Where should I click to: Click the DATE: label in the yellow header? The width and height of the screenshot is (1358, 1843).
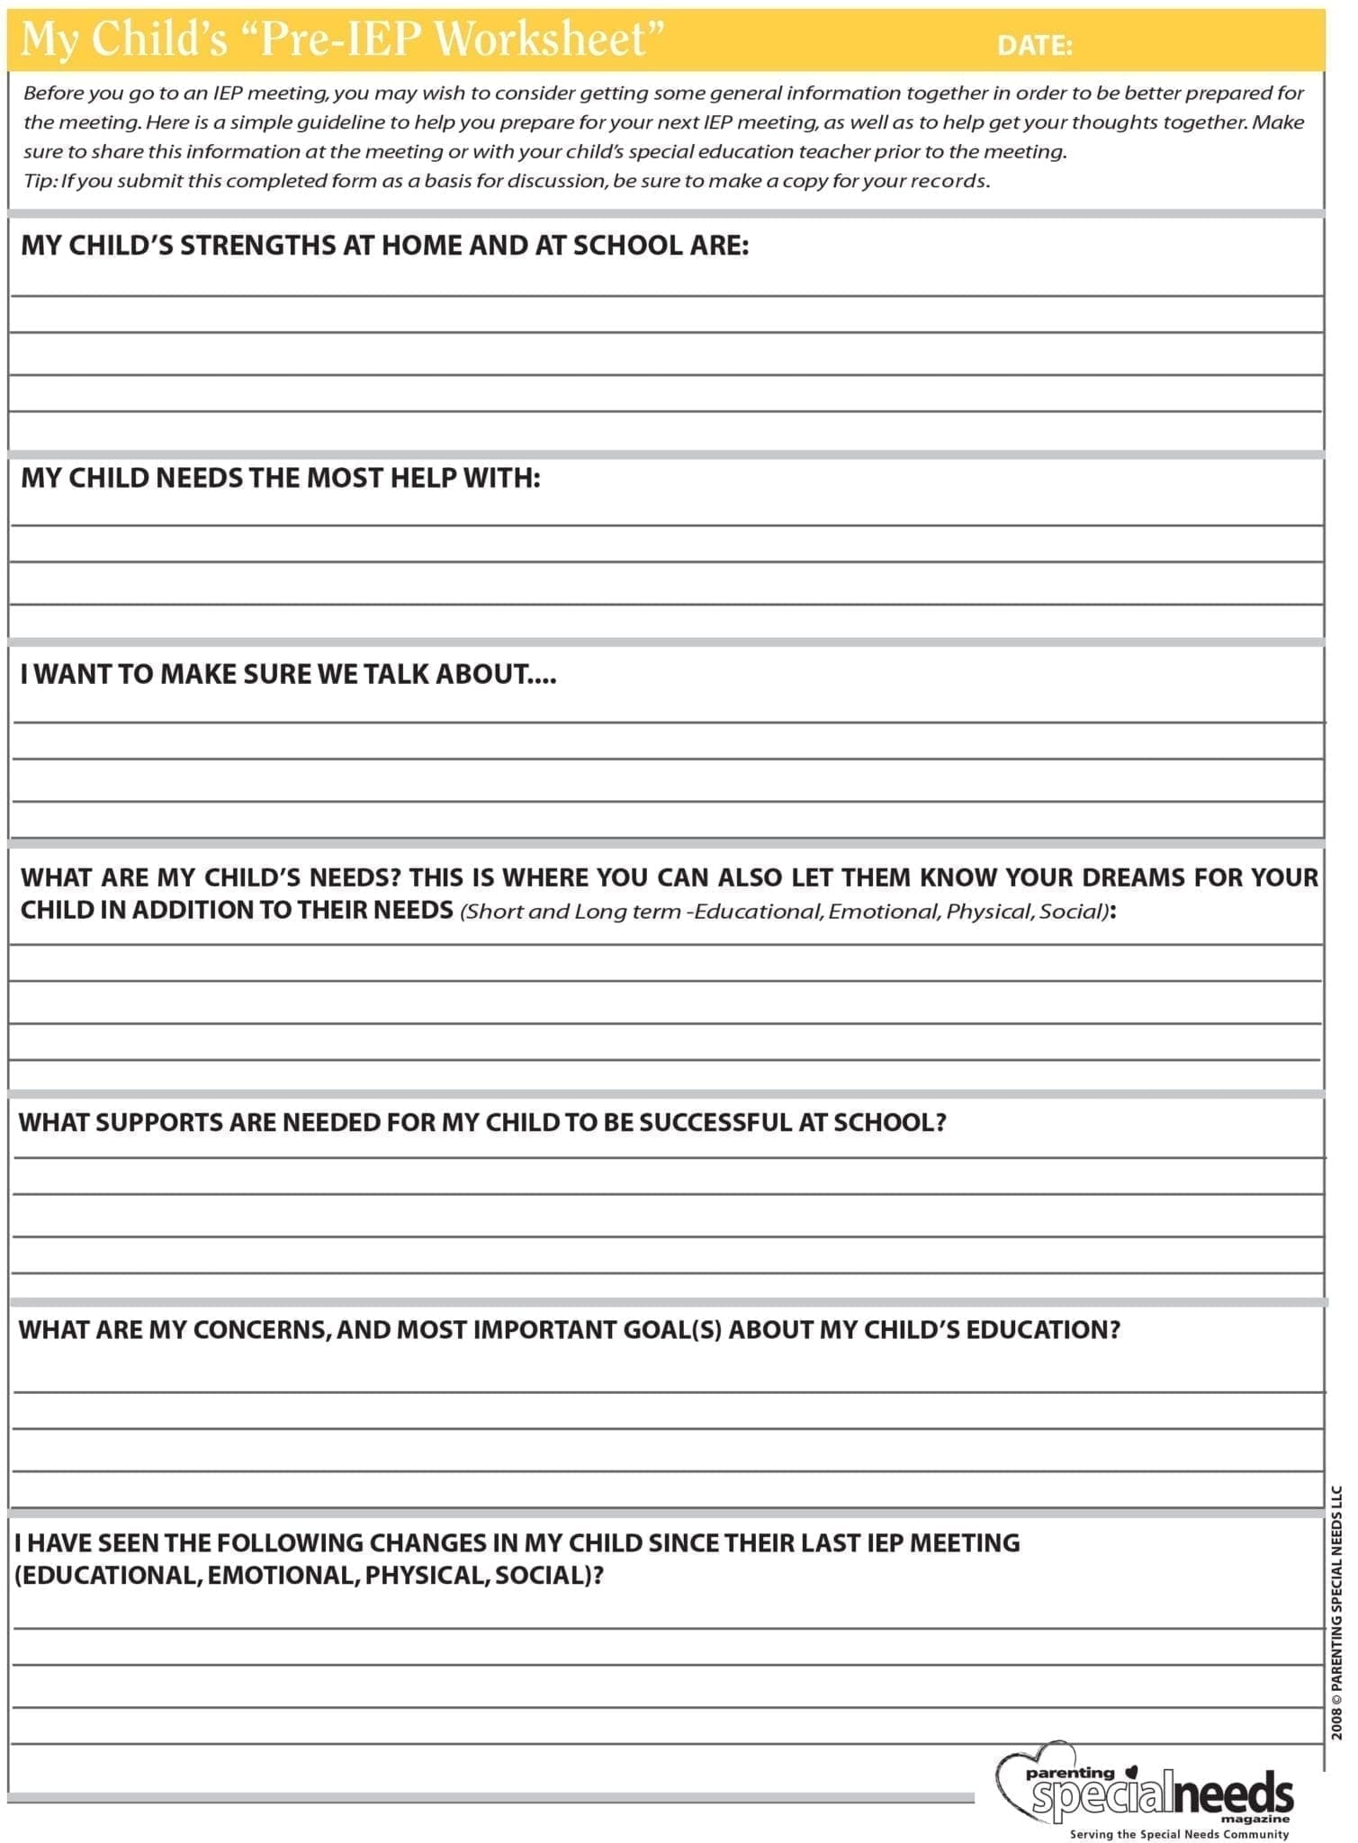click(1034, 45)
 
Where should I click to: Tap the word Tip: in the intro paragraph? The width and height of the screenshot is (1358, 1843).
click(40, 181)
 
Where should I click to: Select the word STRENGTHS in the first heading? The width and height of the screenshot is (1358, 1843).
click(257, 246)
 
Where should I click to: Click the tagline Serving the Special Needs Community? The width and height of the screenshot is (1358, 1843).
click(1179, 1833)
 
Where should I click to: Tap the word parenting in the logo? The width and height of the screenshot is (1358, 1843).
click(1070, 1773)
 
